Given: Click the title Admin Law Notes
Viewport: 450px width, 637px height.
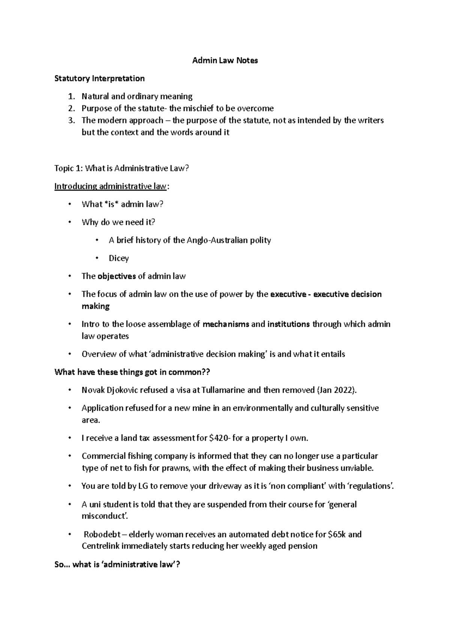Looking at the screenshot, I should click(225, 60).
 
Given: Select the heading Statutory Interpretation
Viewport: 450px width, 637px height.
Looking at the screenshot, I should click(99, 78).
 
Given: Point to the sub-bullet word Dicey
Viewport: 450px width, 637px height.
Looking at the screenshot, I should click(118, 258).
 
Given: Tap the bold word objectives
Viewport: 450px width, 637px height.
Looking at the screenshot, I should click(116, 276).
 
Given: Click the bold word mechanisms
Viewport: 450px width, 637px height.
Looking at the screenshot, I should click(226, 324).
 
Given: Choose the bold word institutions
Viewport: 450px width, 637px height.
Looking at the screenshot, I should click(288, 324).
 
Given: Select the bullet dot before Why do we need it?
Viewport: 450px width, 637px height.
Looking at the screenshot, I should click(69, 222).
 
